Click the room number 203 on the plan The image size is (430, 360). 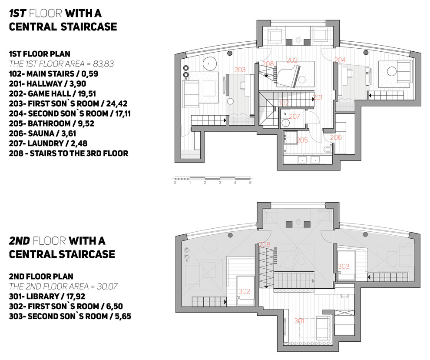click(x=240, y=70)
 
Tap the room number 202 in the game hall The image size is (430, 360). click(x=292, y=60)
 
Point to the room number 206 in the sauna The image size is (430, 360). click(x=336, y=137)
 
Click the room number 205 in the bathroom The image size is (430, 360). click(x=302, y=140)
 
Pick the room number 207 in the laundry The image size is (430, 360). click(x=294, y=117)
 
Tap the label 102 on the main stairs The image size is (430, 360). click(x=284, y=103)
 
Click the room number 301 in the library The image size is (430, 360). click(x=299, y=321)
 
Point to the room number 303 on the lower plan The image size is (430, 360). click(x=344, y=266)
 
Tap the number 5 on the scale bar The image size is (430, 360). click(x=250, y=183)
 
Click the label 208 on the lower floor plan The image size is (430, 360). click(x=265, y=245)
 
